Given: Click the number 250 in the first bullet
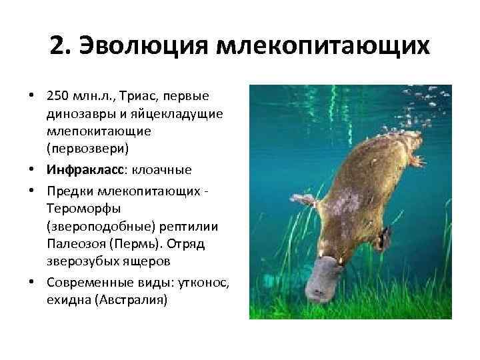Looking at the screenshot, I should pos(58,97).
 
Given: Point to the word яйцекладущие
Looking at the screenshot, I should pos(179,113).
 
